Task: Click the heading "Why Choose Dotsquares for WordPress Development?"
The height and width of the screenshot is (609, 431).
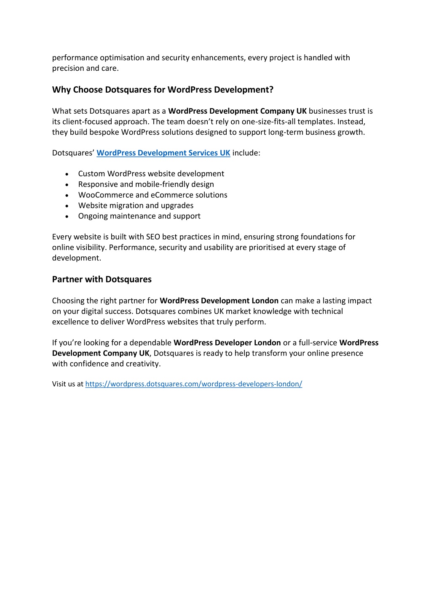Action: tap(163, 90)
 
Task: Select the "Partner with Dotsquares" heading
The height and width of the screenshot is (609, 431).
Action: tap(102, 279)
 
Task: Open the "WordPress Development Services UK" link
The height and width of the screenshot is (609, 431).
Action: tap(163, 153)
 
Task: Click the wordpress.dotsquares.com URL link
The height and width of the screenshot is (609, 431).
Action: tap(193, 384)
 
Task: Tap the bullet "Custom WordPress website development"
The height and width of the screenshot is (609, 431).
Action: tap(151, 173)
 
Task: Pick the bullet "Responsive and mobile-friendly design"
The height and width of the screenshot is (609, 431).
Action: tap(146, 184)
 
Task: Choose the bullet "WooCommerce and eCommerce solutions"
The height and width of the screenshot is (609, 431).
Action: tap(153, 195)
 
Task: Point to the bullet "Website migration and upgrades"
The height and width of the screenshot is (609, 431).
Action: tap(136, 205)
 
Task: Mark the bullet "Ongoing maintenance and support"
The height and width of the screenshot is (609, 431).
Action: tap(139, 216)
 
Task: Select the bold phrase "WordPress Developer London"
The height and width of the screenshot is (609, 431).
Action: tap(227, 343)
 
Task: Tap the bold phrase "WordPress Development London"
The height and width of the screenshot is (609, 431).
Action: tap(219, 301)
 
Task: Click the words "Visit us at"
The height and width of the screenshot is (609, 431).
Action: tap(67, 384)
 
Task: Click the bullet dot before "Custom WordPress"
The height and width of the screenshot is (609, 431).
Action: tap(67, 174)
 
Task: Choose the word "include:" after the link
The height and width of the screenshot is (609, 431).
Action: tap(246, 153)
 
